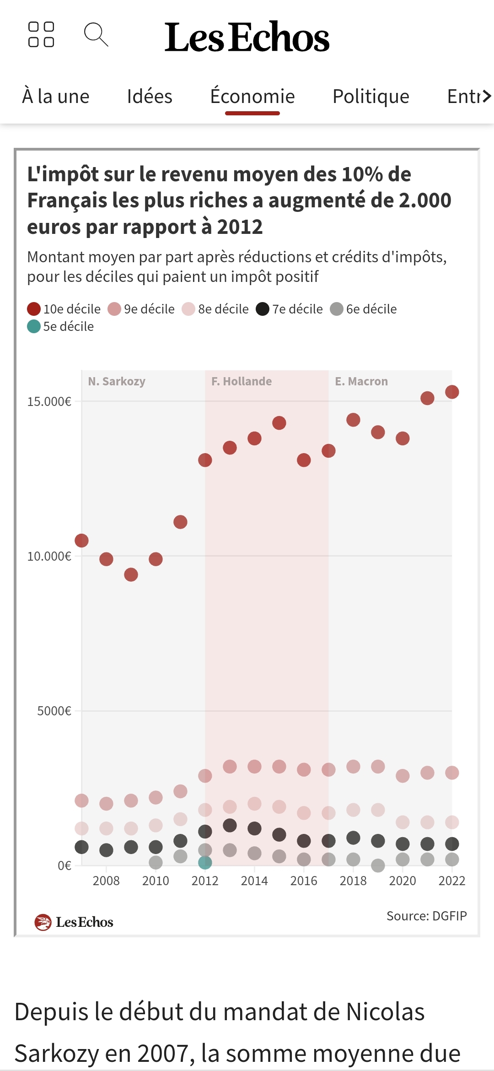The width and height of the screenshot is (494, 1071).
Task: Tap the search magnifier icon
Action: [x=96, y=35]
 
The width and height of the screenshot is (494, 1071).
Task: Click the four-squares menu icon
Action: [x=41, y=35]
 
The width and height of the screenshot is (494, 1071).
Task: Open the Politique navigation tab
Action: [x=370, y=97]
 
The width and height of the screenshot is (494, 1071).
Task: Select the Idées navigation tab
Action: [x=150, y=97]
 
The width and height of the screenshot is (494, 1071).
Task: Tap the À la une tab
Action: [x=56, y=97]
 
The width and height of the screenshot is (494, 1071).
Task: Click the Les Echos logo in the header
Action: [x=247, y=37]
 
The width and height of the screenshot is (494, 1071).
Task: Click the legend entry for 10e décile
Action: [x=64, y=309]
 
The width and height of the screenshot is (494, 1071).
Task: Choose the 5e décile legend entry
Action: [x=60, y=326]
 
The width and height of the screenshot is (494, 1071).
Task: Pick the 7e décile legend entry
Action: [x=289, y=309]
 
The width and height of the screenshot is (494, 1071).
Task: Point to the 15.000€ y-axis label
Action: [x=49, y=401]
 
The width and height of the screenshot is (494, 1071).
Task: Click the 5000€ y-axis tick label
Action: [x=54, y=711]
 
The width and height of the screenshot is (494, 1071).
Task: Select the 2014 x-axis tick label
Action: [x=254, y=881]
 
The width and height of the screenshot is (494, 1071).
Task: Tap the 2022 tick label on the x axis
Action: [x=452, y=881]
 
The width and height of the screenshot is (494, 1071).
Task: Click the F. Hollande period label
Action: [x=242, y=381]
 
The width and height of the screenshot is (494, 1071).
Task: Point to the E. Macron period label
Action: [x=361, y=381]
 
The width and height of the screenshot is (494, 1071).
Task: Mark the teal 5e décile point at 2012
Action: [x=205, y=863]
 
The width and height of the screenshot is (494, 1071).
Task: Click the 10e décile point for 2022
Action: [x=452, y=392]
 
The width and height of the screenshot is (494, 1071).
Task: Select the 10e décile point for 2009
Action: [x=131, y=574]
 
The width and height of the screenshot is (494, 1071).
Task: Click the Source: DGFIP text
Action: [x=426, y=916]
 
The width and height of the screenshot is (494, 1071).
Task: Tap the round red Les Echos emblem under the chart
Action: [x=43, y=922]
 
